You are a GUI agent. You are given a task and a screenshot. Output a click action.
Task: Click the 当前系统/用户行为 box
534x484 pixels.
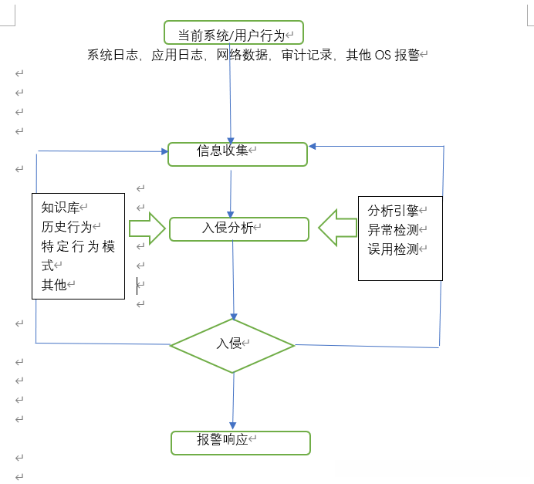(x=233, y=33)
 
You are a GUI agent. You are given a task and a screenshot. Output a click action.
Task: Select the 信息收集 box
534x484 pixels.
(x=238, y=154)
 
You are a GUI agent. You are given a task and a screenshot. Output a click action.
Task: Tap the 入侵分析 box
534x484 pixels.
(x=238, y=228)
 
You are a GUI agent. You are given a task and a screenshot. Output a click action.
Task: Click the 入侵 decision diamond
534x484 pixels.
(x=232, y=344)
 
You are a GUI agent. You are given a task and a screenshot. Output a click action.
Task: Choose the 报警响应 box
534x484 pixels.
(x=240, y=442)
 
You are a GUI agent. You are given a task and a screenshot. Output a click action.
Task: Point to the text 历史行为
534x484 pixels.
(x=66, y=227)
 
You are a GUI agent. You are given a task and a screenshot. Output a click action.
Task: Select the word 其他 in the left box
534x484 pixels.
(x=54, y=285)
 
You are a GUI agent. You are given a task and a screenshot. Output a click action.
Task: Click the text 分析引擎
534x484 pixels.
(x=393, y=211)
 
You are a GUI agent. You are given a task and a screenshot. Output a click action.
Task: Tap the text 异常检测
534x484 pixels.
(x=393, y=230)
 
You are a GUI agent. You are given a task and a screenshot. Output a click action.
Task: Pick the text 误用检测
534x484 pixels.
(x=393, y=249)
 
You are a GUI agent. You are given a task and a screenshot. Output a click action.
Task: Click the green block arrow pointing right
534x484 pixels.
(x=147, y=228)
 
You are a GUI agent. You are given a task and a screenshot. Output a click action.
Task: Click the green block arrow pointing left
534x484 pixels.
(x=337, y=228)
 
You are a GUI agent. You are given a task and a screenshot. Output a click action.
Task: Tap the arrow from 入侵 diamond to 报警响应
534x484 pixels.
(x=233, y=401)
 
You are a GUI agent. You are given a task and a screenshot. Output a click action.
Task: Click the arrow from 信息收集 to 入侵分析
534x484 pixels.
(x=231, y=191)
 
